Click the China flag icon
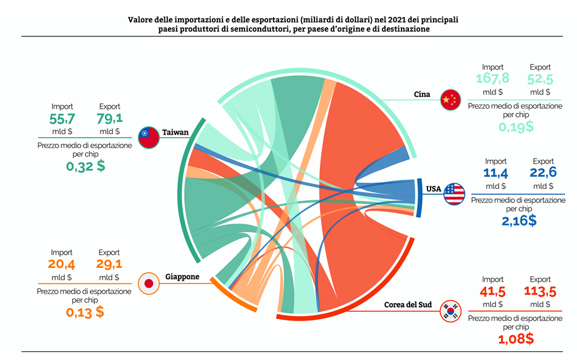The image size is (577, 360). tap(451, 99)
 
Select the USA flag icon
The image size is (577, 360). tap(454, 194)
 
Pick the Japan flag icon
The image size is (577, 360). tap(148, 283)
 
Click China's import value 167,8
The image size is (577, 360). tap(493, 79)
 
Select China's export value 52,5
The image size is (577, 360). tap(540, 79)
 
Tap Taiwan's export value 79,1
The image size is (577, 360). tap(110, 118)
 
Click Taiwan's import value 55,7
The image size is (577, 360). tap(62, 118)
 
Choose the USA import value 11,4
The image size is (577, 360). tap(495, 174)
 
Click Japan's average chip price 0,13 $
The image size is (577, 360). tap(85, 312)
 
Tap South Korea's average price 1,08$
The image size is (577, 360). tap(516, 338)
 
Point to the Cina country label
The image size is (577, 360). tap(422, 94)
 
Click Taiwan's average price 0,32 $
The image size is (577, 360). tap(85, 165)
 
